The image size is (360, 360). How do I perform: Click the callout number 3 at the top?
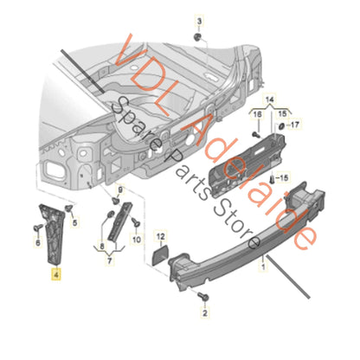point(197,20)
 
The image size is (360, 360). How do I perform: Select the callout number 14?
point(267,99)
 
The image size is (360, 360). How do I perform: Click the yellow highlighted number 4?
point(55,276)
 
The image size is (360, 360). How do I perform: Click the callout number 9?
point(121,189)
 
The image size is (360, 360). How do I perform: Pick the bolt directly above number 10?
point(112,214)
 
